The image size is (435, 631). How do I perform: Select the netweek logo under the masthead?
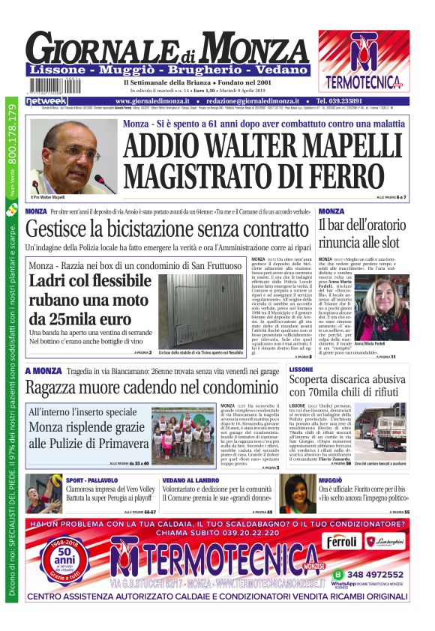[46, 100]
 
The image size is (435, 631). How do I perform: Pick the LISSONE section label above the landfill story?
[301, 370]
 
